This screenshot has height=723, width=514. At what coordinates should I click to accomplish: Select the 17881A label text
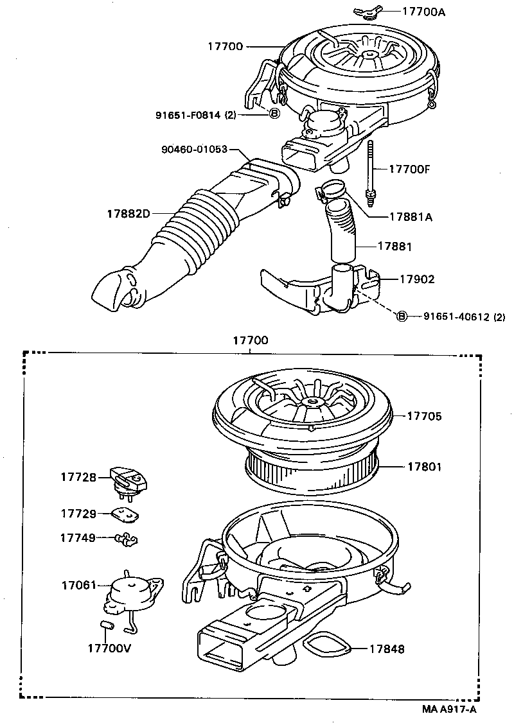pos(411,217)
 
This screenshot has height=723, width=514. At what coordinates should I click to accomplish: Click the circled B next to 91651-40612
pos(402,316)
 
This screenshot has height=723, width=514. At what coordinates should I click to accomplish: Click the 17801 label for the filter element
pos(424,467)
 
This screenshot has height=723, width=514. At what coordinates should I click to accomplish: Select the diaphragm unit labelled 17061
pos(132,591)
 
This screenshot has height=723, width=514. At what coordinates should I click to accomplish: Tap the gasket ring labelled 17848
pos(328,644)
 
